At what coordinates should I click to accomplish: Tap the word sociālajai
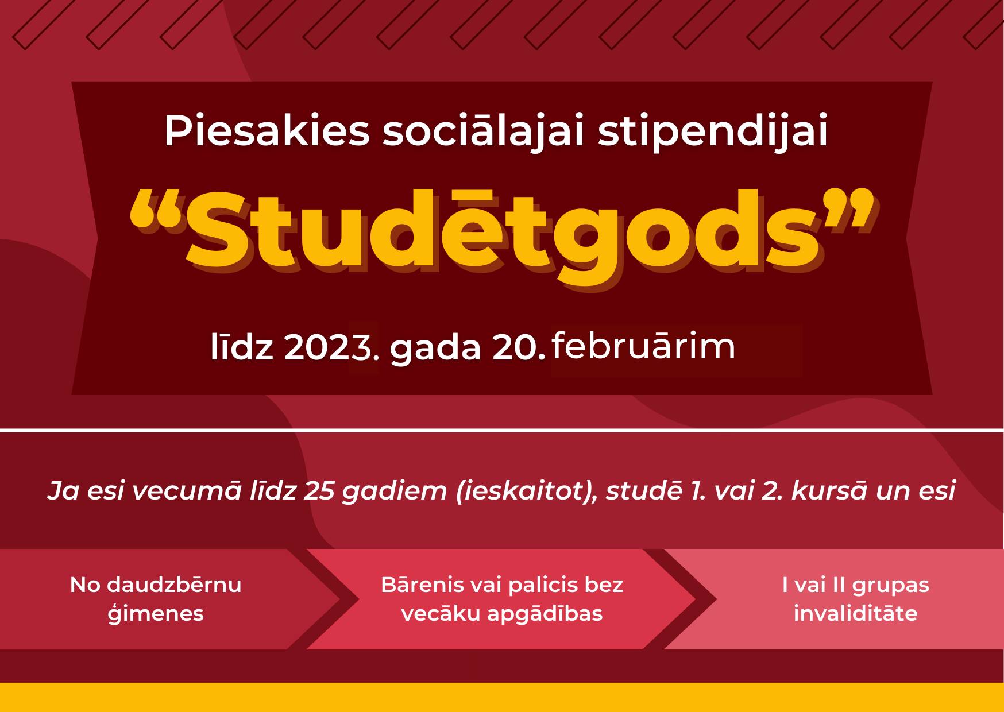click(x=483, y=131)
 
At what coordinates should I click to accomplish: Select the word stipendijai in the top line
click(x=713, y=131)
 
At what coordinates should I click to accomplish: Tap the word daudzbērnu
click(x=174, y=585)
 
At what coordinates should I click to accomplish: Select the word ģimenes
click(x=156, y=613)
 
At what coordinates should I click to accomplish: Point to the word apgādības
click(x=545, y=613)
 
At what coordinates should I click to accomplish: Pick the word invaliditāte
click(x=855, y=613)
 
